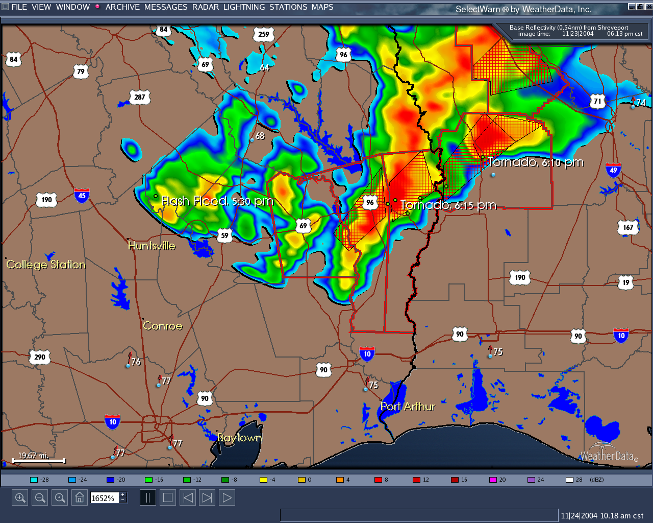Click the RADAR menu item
coord(206,7)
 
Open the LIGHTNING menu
coord(244,7)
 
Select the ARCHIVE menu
coord(122,7)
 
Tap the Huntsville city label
coord(152,246)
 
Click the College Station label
coord(46,265)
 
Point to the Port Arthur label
coord(408,407)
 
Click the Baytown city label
coord(239,438)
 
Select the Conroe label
coord(162,326)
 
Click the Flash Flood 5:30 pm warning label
coord(217,201)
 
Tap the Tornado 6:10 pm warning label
coord(536,162)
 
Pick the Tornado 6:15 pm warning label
coord(448,205)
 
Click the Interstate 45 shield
coord(82,195)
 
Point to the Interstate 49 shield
coord(613,170)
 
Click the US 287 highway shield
coord(140,97)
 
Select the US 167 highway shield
coord(628,227)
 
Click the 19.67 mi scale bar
coord(39,460)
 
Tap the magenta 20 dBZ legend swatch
coord(493,480)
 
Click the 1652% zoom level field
coord(105,498)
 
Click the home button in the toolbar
coord(80,497)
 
